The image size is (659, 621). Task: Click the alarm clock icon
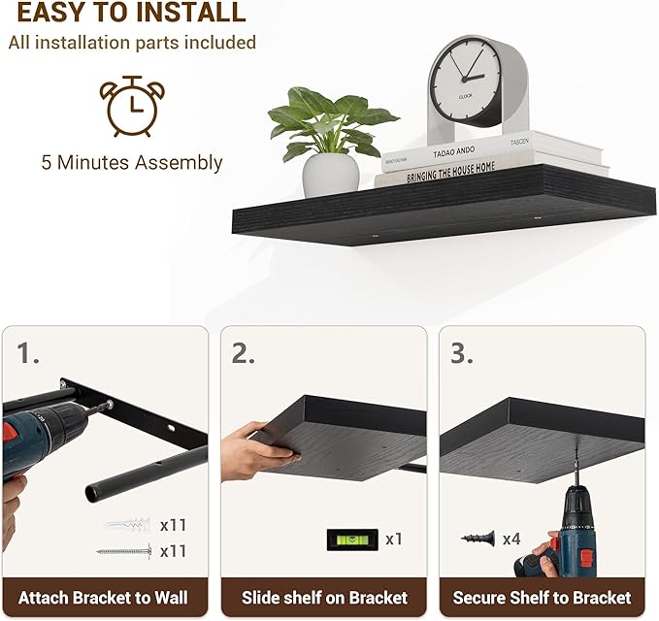coord(132,106)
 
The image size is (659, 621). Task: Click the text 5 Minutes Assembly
coord(132,162)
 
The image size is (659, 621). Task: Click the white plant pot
coord(330,175)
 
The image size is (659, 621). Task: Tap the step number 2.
coord(243,353)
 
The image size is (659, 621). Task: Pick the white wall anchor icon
coord(126,526)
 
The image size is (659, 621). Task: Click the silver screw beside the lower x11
coord(124,551)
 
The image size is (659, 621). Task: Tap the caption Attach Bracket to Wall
coord(103,597)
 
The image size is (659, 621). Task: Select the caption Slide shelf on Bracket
coord(324,597)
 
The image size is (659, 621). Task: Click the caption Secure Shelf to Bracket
coord(543,597)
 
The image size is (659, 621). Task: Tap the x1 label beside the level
coord(393,539)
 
